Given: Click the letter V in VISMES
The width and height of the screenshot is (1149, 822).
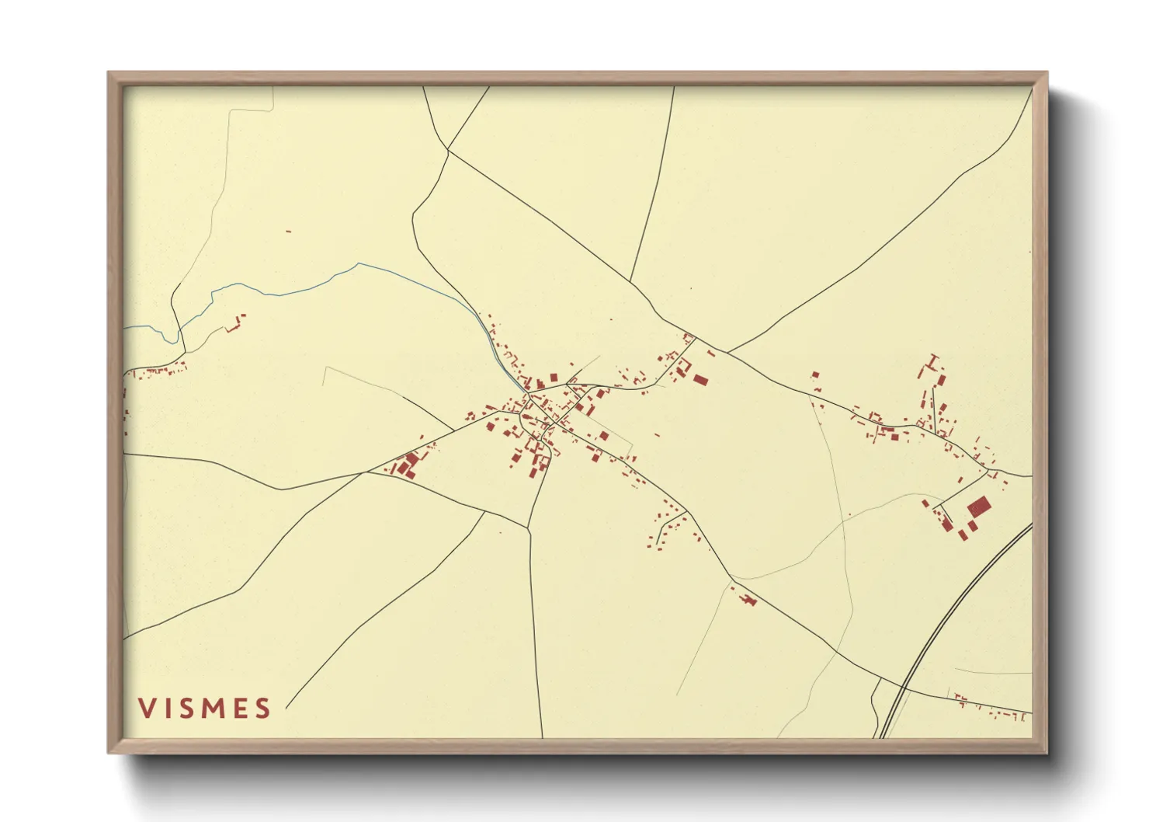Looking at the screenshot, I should pyautogui.click(x=146, y=708).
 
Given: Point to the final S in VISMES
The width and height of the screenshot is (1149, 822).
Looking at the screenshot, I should pyautogui.click(x=263, y=708).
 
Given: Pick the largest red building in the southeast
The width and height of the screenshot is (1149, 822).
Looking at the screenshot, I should pyautogui.click(x=979, y=507).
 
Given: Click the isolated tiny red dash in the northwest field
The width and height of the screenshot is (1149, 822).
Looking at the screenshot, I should pyautogui.click(x=288, y=231).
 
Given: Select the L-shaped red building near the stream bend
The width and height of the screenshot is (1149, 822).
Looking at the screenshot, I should pyautogui.click(x=232, y=324).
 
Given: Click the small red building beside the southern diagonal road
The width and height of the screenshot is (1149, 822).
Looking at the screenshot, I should pyautogui.click(x=747, y=599).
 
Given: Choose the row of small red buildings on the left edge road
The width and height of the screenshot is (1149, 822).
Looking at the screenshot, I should pyautogui.click(x=159, y=371).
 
